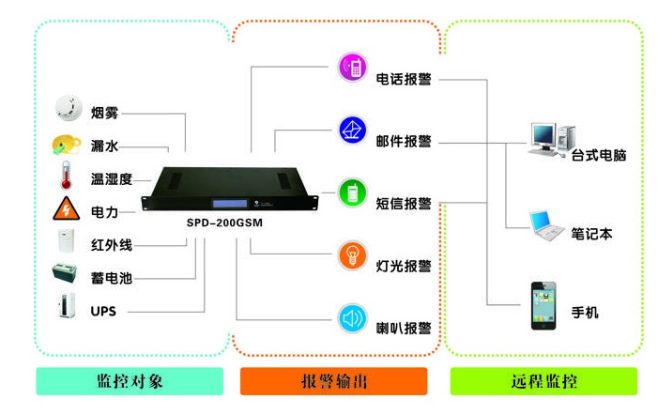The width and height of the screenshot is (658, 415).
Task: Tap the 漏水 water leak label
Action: [x=104, y=146]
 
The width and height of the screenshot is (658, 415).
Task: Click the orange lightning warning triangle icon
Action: [x=67, y=209]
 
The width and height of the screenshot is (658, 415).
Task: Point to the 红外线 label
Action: [x=111, y=244]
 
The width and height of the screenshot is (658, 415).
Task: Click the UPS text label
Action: [x=103, y=310]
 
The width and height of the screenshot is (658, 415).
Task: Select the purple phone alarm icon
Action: [x=352, y=67]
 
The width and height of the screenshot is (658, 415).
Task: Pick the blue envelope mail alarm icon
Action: [x=352, y=130]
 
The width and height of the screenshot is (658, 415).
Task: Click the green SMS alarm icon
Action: [x=352, y=192]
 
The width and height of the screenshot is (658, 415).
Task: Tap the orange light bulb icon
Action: [x=352, y=254]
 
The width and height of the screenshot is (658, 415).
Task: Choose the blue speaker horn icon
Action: [x=352, y=317]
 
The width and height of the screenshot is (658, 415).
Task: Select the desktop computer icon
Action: [x=546, y=138]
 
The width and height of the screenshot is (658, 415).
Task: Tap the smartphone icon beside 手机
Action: [x=545, y=302]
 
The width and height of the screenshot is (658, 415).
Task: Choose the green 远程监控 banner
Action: [x=543, y=381]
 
